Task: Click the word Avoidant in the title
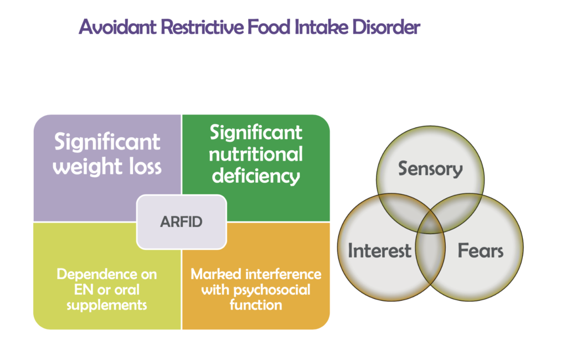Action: pyautogui.click(x=117, y=27)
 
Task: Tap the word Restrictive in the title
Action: pyautogui.click(x=202, y=27)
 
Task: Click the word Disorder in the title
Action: pyautogui.click(x=386, y=27)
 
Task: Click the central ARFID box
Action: pyautogui.click(x=182, y=222)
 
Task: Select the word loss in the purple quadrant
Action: pyautogui.click(x=140, y=167)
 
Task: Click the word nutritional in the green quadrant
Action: pyautogui.click(x=256, y=154)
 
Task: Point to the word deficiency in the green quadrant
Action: pyautogui.click(x=256, y=177)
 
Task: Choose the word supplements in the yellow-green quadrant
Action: pyautogui.click(x=107, y=305)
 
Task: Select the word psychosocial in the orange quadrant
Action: pyautogui.click(x=271, y=290)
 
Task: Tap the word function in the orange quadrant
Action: pyautogui.click(x=256, y=305)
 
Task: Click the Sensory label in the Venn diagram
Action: pyautogui.click(x=430, y=169)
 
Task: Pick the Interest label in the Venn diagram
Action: pyautogui.click(x=379, y=250)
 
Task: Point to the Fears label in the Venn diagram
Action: pyautogui.click(x=481, y=250)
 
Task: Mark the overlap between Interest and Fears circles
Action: pyautogui.click(x=430, y=253)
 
